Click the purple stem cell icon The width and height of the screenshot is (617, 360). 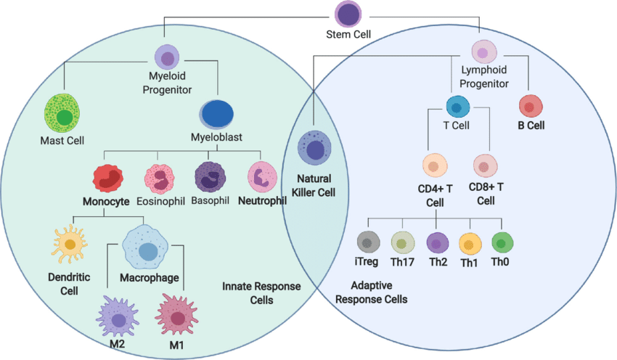[x=348, y=14]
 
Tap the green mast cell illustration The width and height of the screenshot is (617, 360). [x=62, y=114]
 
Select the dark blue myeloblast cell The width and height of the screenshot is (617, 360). [x=216, y=114]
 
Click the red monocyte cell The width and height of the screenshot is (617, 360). [x=108, y=179]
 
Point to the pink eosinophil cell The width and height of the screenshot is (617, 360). [x=160, y=179]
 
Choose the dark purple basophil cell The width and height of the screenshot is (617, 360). [x=210, y=177]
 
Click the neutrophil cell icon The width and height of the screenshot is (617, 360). [x=262, y=177]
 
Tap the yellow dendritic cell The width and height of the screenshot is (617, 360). [x=69, y=244]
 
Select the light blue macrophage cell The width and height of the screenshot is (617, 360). [x=145, y=247]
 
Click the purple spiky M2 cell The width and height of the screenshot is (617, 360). [x=118, y=317]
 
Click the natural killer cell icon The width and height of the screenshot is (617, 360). [x=314, y=148]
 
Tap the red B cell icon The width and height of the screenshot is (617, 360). [x=531, y=106]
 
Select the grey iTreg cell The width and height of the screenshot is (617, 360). [x=368, y=242]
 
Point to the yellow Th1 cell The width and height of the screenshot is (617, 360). [x=470, y=244]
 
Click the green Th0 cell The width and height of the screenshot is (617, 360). [x=502, y=242]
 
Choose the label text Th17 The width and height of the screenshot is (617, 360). [x=402, y=262]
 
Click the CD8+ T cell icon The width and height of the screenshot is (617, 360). [x=485, y=165]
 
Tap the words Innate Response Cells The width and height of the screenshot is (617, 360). [x=261, y=293]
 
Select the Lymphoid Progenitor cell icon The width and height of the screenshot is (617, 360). [x=484, y=52]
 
